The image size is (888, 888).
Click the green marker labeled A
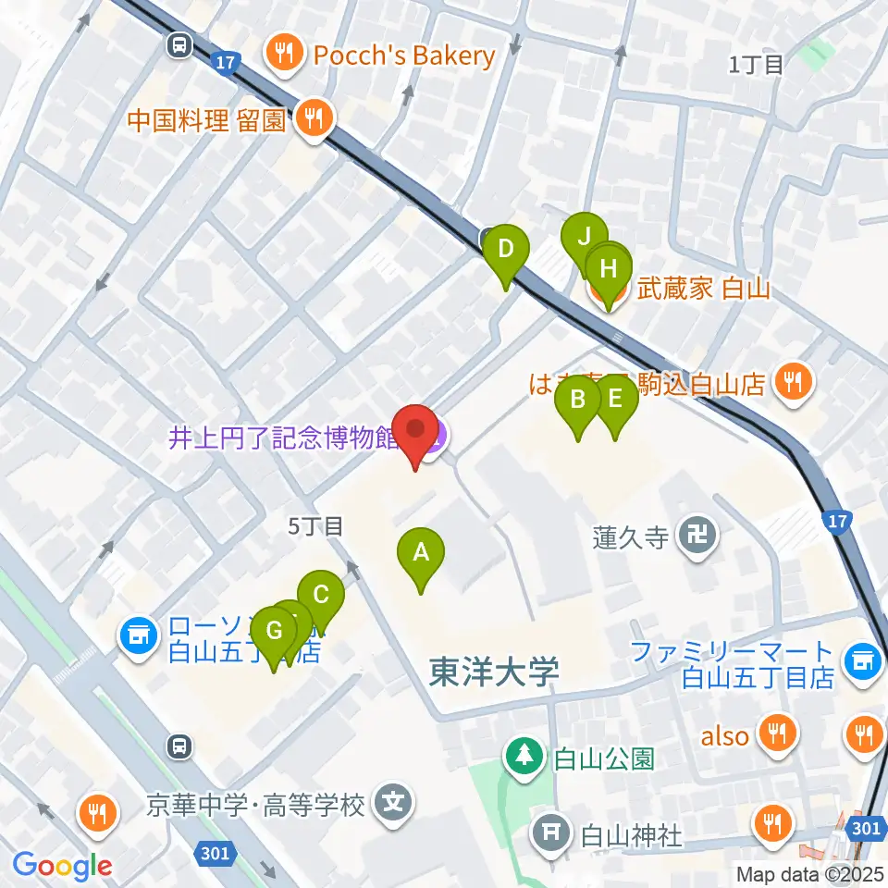point(421,554)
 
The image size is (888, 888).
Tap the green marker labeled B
point(578,401)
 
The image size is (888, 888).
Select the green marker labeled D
point(506,251)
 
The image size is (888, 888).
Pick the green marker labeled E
point(615,401)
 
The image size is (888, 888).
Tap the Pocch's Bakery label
point(405,55)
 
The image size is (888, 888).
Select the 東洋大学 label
point(494,672)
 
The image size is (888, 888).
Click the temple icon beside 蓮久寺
point(692,535)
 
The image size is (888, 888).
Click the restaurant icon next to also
point(773,735)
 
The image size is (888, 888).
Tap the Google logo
point(62,865)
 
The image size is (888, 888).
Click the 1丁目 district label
point(756,64)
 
